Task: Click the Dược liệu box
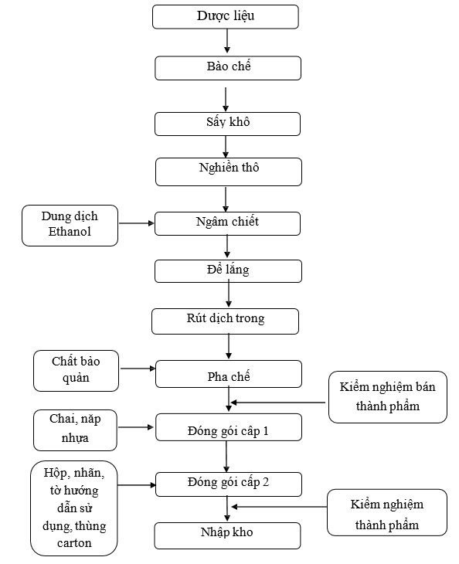pyautogui.click(x=226, y=17)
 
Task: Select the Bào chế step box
pyautogui.click(x=228, y=68)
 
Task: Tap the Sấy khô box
pyautogui.click(x=228, y=124)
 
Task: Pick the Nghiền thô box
pyautogui.click(x=229, y=172)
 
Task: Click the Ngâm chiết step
pyautogui.click(x=228, y=224)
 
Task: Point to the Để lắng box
pyautogui.click(x=229, y=271)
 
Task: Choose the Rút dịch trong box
pyautogui.click(x=225, y=321)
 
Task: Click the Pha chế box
pyautogui.click(x=229, y=374)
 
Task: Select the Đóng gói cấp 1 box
pyautogui.click(x=229, y=427)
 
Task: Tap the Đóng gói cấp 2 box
pyautogui.click(x=229, y=484)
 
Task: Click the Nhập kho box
pyautogui.click(x=228, y=536)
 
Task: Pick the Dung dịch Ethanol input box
pyautogui.click(x=70, y=226)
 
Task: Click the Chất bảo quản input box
pyautogui.click(x=76, y=371)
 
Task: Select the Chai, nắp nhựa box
pyautogui.click(x=75, y=430)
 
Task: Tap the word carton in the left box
pyautogui.click(x=74, y=543)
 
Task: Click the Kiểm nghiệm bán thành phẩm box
pyautogui.click(x=388, y=397)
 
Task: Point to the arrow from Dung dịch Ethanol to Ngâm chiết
pyautogui.click(x=137, y=223)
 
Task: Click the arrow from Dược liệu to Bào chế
pyautogui.click(x=227, y=41)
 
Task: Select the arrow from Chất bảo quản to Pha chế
pyautogui.click(x=138, y=369)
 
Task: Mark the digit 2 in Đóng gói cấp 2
pyautogui.click(x=266, y=482)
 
